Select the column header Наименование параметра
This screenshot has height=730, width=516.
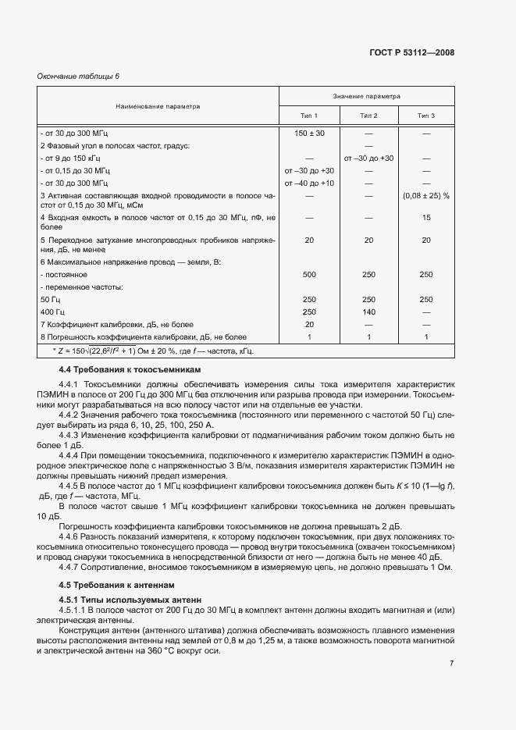(x=158, y=106)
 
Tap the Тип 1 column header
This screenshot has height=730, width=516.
(x=309, y=116)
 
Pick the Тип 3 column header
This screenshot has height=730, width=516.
(x=425, y=116)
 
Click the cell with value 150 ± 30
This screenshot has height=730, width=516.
(x=309, y=134)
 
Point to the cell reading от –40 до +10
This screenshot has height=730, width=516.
(x=309, y=183)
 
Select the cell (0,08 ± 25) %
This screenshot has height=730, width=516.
(x=425, y=195)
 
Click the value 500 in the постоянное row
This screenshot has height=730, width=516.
(x=309, y=275)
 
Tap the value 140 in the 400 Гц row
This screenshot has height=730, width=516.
(x=368, y=312)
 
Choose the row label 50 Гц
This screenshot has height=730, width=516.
(x=51, y=300)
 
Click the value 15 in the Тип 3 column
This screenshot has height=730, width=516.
(x=425, y=218)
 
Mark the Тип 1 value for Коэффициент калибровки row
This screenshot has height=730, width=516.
(x=309, y=324)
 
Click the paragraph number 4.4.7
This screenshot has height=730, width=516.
(x=70, y=566)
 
